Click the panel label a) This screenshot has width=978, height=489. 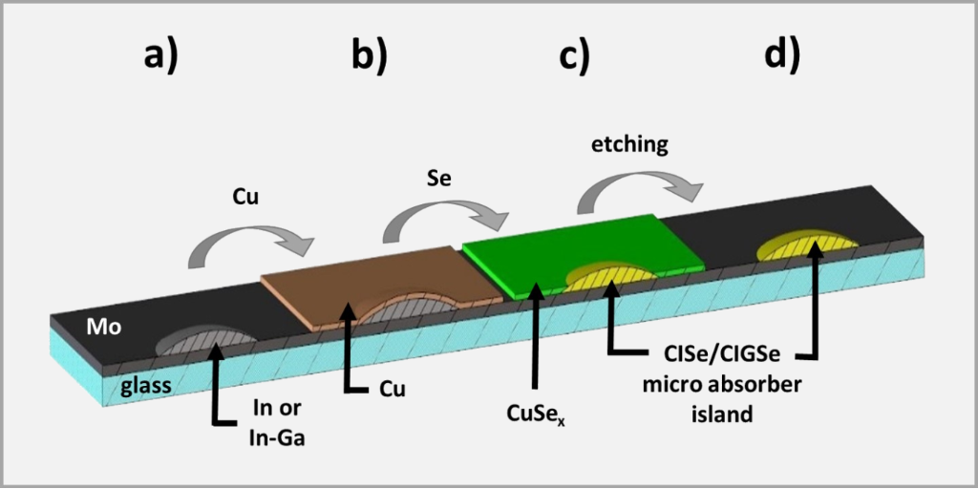[161, 56]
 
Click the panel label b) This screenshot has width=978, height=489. [369, 56]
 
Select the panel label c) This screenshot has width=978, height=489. [574, 56]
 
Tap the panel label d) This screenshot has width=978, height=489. [781, 56]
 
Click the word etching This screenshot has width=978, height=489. [629, 144]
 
